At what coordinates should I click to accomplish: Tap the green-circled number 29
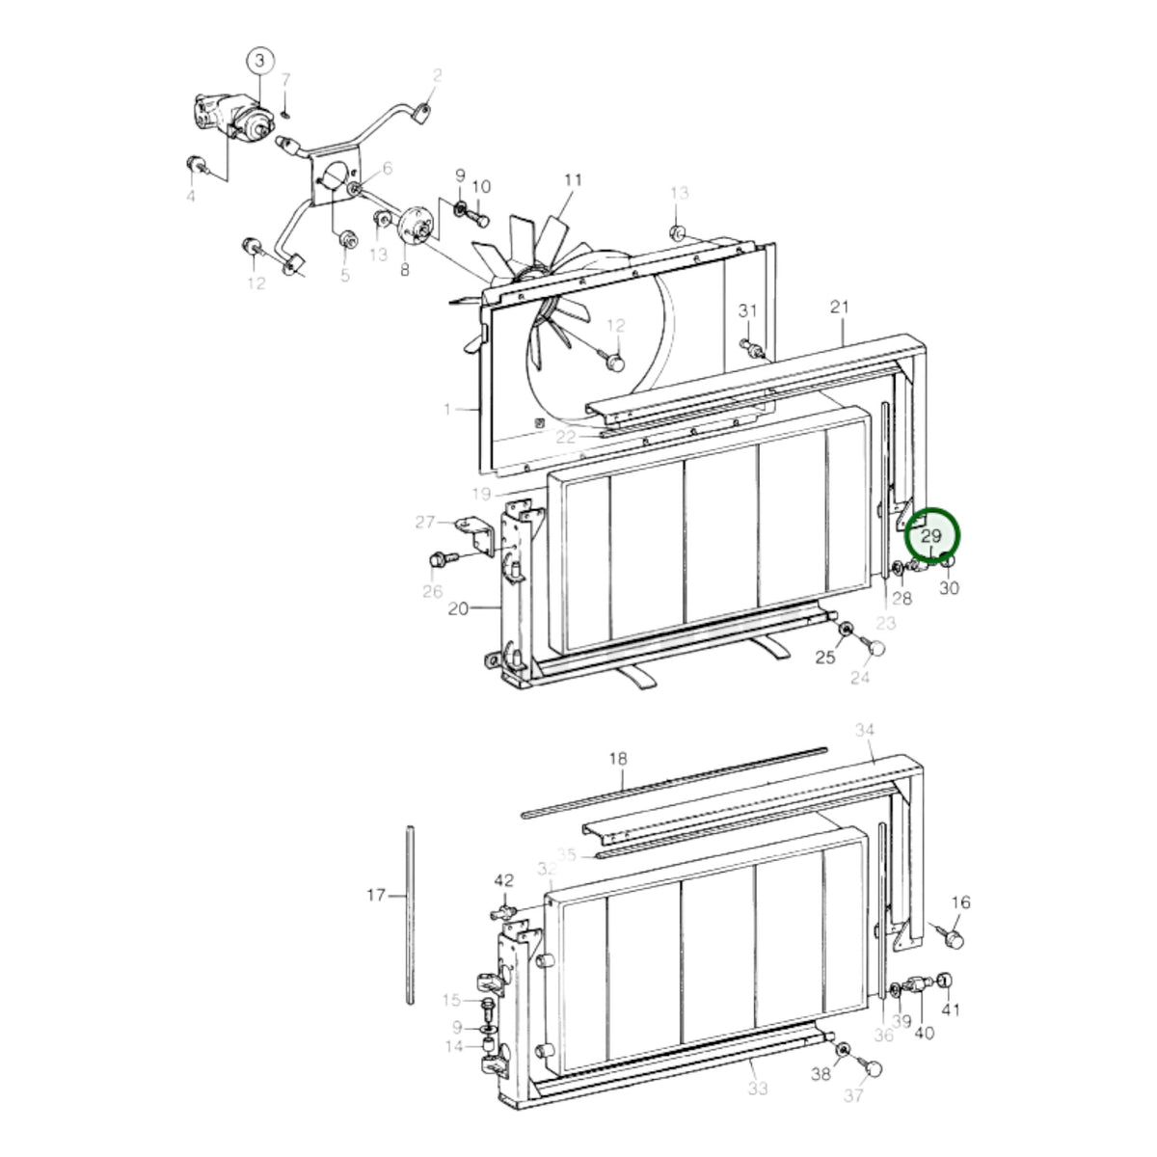click(x=930, y=535)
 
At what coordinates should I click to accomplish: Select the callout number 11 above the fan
click(x=573, y=179)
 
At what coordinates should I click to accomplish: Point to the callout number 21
click(x=840, y=307)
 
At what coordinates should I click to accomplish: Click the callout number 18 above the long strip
click(x=618, y=759)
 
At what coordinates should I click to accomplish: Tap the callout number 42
click(x=503, y=880)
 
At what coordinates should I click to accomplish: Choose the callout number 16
click(x=960, y=901)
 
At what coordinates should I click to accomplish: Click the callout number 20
click(x=458, y=608)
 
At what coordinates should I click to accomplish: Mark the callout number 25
click(x=825, y=658)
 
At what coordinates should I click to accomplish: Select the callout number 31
click(x=747, y=310)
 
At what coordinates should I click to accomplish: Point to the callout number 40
click(x=924, y=1033)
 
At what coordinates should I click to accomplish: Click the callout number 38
click(x=821, y=1073)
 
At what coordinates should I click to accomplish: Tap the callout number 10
click(x=481, y=187)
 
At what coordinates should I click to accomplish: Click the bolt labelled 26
click(x=444, y=559)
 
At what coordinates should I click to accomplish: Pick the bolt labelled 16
click(x=948, y=936)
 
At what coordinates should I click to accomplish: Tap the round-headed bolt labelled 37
click(x=870, y=1067)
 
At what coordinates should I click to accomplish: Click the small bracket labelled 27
click(x=476, y=535)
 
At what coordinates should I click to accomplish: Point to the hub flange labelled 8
click(x=416, y=227)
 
